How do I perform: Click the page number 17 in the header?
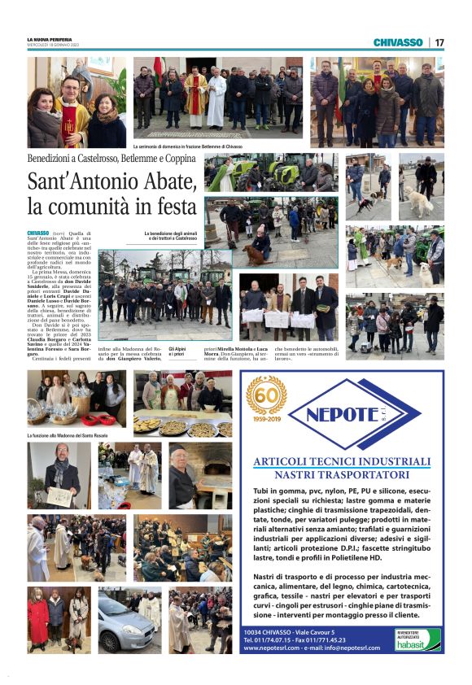point(439,42)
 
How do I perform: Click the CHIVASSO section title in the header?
point(398,42)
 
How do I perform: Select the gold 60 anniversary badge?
point(266,396)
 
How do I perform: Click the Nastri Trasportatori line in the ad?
point(352,475)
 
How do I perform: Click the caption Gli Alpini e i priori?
point(177,352)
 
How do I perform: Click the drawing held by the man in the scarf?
point(59,495)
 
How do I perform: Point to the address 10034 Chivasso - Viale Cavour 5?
point(290,630)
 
